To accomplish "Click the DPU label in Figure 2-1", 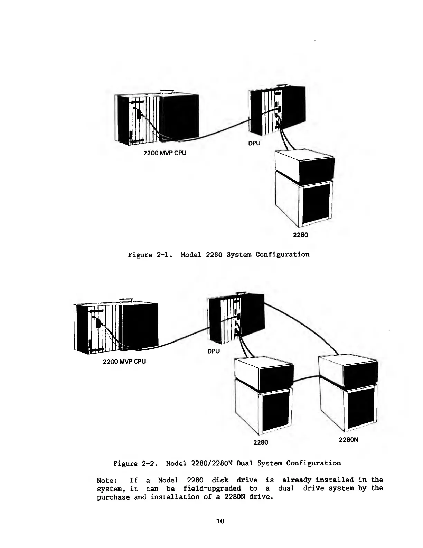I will coord(254,143).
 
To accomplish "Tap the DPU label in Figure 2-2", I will coord(214,351).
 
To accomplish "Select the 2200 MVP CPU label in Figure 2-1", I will coord(165,153).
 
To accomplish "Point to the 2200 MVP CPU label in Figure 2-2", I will coord(124,362).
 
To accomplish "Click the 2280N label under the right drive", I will coord(348,440).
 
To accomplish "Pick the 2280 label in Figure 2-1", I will coord(300,235).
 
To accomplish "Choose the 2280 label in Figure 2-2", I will coord(261,442).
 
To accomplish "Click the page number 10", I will coord(220,521).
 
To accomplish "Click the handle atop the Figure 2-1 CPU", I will coord(167,92).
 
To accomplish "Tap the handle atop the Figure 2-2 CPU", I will coord(126,300).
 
